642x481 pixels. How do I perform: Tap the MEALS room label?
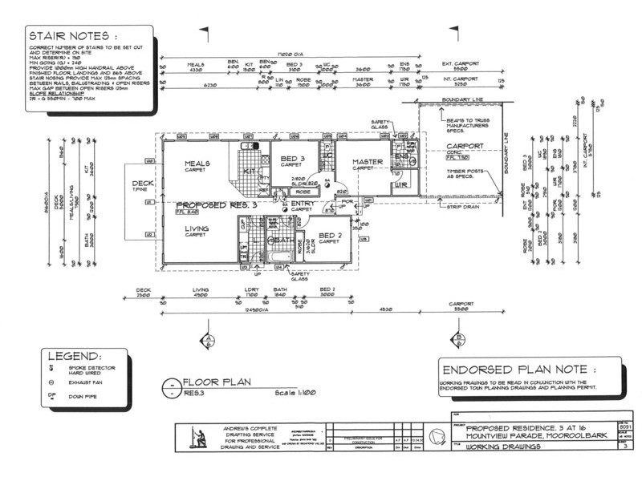point(197,163)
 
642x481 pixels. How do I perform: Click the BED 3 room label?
point(291,158)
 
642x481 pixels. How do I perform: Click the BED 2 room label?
point(331,235)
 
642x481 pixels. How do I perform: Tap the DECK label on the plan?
point(142,184)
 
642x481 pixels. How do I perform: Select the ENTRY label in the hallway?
point(302,203)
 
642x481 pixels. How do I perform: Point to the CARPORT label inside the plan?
point(462,146)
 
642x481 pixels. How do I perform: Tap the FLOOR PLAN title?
point(217,382)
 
